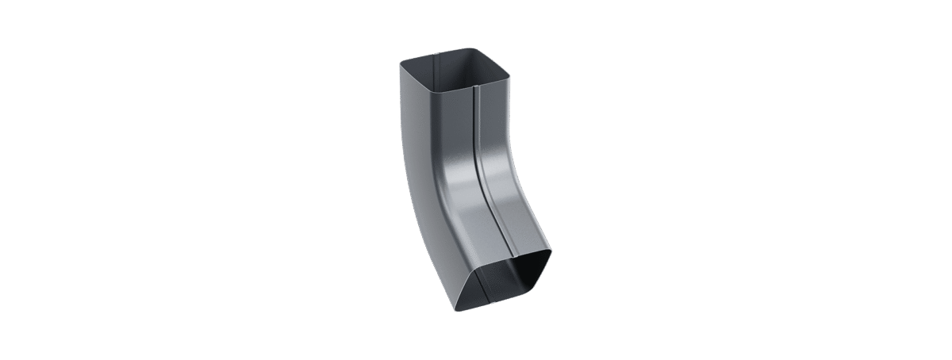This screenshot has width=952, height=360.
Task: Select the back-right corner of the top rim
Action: tap(474, 50)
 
